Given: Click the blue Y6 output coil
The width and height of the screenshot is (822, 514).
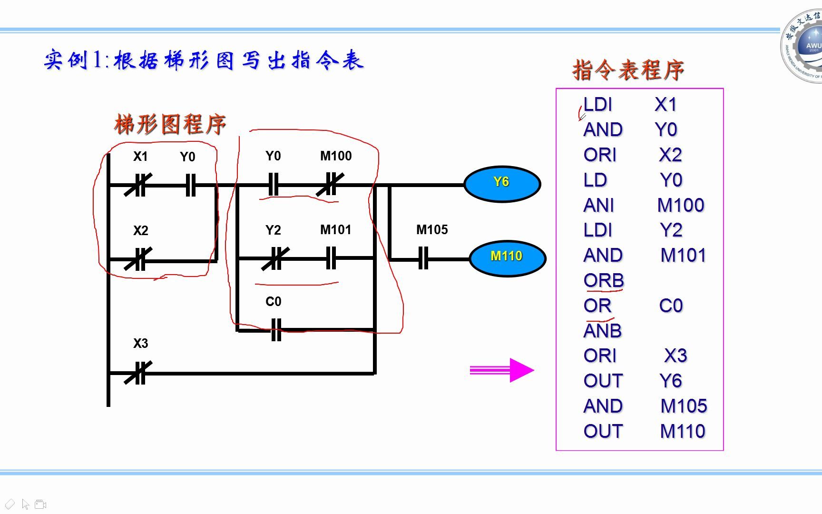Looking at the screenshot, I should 502,183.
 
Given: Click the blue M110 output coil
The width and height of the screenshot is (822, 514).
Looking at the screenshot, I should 507,257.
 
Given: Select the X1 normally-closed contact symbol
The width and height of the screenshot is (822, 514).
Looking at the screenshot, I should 138,185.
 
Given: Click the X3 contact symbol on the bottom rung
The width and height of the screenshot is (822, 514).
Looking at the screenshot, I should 138,373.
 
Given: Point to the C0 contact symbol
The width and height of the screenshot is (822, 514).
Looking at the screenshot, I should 276,329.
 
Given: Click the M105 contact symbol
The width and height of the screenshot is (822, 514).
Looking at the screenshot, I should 423,258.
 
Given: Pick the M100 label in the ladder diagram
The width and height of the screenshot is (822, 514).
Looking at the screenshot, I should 336,156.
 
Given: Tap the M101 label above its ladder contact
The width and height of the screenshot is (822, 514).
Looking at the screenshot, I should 336,230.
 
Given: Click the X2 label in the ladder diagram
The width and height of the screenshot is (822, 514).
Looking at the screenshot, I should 141,231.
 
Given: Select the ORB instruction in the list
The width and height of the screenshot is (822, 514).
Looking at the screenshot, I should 604,280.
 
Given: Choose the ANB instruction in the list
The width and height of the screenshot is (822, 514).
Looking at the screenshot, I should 603,331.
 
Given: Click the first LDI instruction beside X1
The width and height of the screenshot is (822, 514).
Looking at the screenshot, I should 598,105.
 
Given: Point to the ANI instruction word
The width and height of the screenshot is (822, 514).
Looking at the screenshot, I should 599,206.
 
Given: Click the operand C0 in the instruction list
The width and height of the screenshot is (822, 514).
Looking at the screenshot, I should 671,306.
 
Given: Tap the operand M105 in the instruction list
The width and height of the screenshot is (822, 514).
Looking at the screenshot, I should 684,406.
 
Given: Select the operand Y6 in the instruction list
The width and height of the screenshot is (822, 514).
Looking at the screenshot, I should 671,381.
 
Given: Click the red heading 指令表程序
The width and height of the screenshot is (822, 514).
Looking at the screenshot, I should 628,70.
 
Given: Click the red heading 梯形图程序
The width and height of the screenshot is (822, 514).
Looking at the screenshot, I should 170,125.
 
